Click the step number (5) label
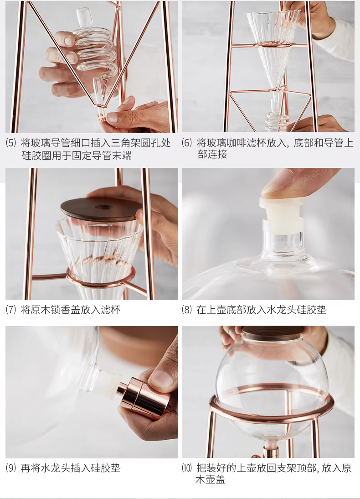coord(11,143)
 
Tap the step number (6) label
coord(187,143)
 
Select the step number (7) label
coord(11,310)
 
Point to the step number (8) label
coord(187,310)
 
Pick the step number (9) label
coord(11,468)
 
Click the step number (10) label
coord(187,468)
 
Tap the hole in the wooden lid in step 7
coord(102,207)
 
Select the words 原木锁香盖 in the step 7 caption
coord(56,310)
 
